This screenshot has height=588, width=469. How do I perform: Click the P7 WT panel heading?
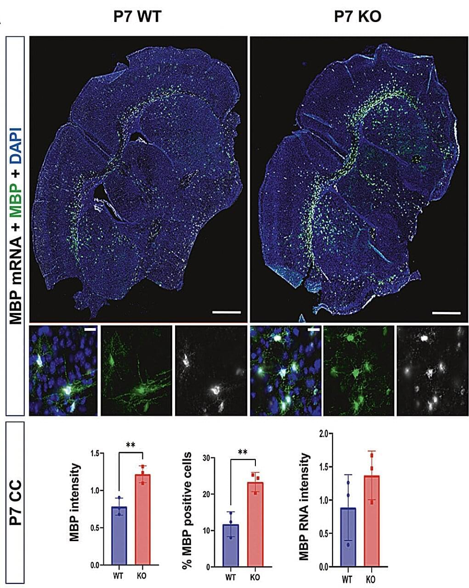(137, 17)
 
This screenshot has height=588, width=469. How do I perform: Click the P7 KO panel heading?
(357, 17)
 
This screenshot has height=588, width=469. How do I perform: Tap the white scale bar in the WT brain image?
(226, 312)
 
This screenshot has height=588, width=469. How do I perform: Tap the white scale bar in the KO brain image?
(446, 313)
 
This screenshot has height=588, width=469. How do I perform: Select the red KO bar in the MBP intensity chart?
(143, 520)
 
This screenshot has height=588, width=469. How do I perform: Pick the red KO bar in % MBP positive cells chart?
(255, 524)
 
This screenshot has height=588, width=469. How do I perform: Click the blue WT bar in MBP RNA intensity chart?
(348, 537)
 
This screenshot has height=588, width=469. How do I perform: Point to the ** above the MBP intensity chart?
(131, 445)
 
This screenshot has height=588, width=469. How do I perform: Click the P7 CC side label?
(16, 501)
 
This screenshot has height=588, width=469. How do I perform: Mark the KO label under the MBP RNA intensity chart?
(371, 580)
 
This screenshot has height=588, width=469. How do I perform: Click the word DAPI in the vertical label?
(17, 140)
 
